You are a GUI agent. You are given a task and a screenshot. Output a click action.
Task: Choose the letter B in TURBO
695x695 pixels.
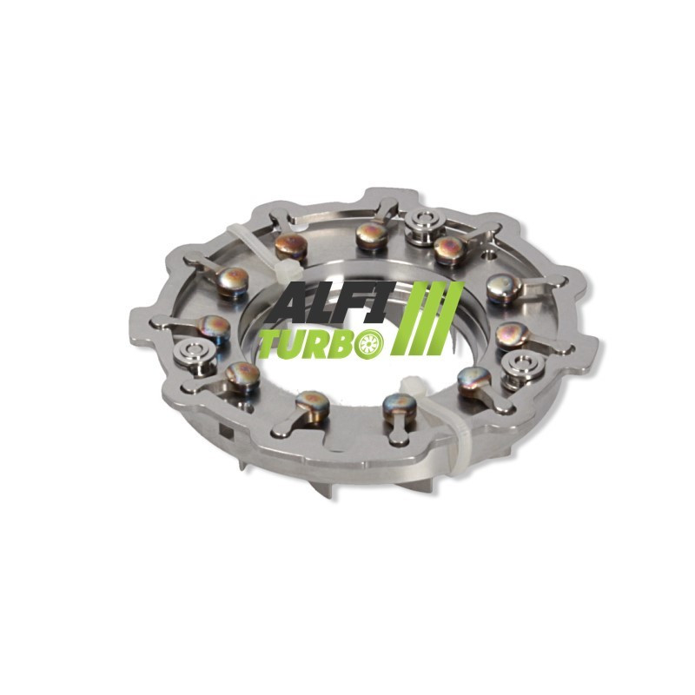pos(340,346)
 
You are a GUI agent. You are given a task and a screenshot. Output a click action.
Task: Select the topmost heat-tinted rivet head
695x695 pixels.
pos(371,234)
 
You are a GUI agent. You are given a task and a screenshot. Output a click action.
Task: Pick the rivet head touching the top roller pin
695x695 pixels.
pos(450,249)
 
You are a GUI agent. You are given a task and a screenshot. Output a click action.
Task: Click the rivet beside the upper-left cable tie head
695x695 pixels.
pos(290,247)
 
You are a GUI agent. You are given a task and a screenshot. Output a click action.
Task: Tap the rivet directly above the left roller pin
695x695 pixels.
pos(214,327)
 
